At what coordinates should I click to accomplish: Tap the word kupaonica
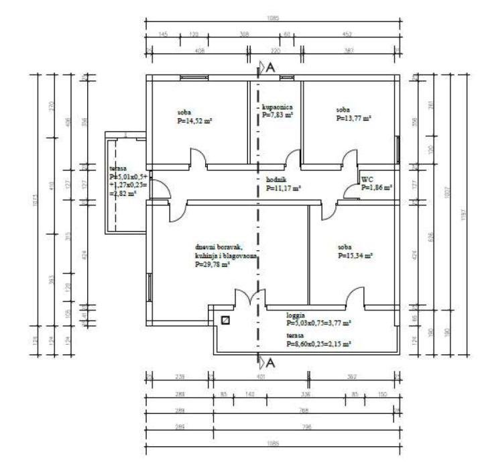[x=277, y=107]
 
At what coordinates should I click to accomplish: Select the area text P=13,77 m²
[x=353, y=118]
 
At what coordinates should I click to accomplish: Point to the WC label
[x=367, y=180]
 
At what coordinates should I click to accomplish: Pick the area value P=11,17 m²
[x=284, y=189]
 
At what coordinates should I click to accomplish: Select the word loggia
[x=295, y=314]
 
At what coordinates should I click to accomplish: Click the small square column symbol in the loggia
[x=225, y=321]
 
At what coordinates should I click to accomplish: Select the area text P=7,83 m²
[x=278, y=115]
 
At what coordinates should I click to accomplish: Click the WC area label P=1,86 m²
[x=377, y=189]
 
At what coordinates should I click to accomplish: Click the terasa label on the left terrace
[x=118, y=168]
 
